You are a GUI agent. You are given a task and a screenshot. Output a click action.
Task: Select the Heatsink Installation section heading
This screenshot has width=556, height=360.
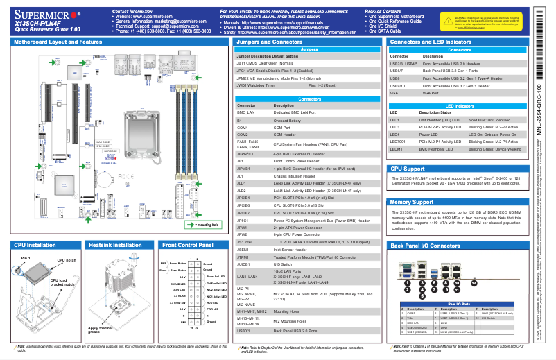(x=114, y=245)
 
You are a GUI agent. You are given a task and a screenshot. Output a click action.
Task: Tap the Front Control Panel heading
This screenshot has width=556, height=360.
(x=187, y=245)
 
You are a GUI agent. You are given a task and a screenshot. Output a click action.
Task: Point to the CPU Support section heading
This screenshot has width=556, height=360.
(x=408, y=169)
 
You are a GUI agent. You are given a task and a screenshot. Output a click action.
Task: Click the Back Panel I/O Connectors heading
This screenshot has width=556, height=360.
(x=426, y=246)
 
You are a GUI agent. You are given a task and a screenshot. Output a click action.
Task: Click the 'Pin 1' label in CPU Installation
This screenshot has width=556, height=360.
(x=26, y=258)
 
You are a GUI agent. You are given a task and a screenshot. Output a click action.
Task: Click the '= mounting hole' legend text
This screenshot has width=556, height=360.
(x=207, y=225)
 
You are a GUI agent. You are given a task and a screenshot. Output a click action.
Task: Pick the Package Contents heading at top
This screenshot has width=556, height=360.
(x=406, y=12)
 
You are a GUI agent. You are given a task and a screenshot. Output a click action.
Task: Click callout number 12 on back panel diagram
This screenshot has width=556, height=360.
(x=474, y=283)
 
